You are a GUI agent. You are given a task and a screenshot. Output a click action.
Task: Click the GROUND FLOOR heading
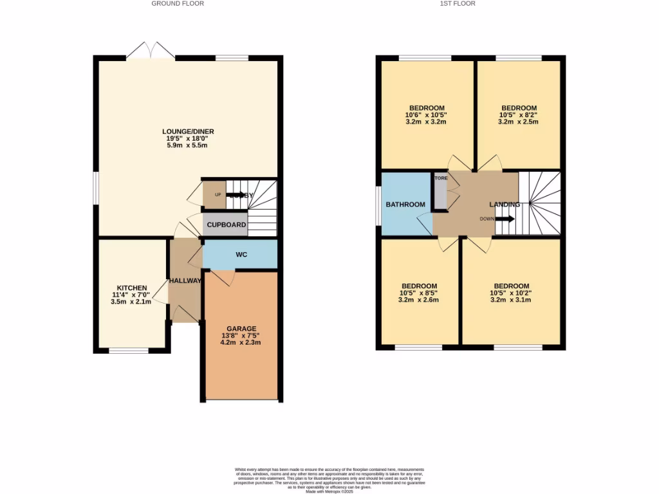point(178,3)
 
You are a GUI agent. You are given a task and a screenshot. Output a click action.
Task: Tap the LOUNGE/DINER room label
point(188,131)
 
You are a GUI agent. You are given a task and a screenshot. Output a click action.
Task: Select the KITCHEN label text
point(132,288)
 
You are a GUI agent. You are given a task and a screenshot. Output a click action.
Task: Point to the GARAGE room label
point(241,328)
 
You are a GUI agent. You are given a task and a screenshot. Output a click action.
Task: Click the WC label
point(241,255)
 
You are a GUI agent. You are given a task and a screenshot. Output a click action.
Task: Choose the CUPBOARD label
point(226,224)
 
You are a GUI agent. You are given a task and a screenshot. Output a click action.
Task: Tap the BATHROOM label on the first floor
point(405,205)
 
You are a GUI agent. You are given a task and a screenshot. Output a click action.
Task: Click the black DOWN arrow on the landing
point(506,219)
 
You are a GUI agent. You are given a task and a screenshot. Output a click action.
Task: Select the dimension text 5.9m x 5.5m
point(188,145)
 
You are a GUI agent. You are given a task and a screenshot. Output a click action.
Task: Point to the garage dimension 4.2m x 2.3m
point(241,342)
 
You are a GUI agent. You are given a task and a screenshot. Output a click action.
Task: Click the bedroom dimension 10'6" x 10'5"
point(427,114)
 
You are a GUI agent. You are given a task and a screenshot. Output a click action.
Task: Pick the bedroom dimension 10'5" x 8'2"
point(519,114)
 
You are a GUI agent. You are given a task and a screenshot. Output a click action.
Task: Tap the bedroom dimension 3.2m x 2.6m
point(420,300)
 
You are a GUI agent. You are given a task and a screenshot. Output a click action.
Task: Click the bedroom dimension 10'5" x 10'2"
point(512,293)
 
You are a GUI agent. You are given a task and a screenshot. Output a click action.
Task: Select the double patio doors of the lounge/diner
point(151,51)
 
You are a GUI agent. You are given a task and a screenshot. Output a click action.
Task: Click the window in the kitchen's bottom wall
point(129,351)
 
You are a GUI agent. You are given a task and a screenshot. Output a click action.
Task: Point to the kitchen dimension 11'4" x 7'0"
point(132,295)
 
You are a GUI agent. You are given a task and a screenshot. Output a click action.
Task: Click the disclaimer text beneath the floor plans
point(329,480)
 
